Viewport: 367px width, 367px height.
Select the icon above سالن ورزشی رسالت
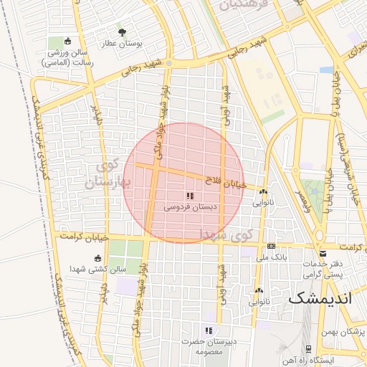click(67, 41)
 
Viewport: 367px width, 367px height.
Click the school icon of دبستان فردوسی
click(190, 196)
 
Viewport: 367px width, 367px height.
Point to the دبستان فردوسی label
click(190, 206)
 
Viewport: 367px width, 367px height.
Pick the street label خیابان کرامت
click(85, 236)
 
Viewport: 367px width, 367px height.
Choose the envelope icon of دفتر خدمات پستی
click(323, 253)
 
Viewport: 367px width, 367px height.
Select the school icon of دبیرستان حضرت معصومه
click(209, 330)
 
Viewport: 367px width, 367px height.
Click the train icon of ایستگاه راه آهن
click(308, 348)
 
